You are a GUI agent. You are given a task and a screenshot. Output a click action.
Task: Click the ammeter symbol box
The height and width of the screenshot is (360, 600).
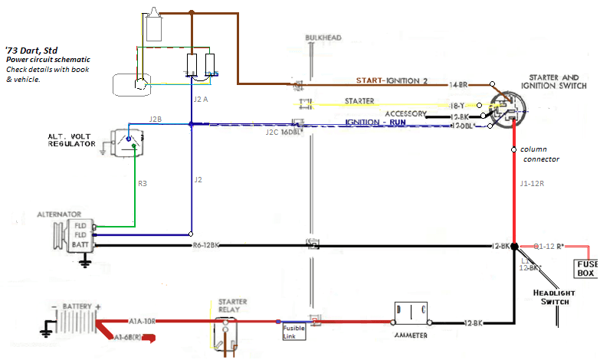pyautogui.click(x=410, y=313)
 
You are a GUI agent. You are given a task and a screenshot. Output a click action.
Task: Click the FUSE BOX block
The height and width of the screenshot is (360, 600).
pyautogui.click(x=585, y=268)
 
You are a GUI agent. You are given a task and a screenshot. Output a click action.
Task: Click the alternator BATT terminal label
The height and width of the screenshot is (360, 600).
pyautogui.click(x=81, y=245)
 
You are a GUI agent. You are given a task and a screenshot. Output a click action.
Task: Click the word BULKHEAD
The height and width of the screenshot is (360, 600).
pyautogui.click(x=323, y=37)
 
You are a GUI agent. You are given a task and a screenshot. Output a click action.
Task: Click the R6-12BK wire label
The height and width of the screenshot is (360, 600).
pyautogui.click(x=208, y=246)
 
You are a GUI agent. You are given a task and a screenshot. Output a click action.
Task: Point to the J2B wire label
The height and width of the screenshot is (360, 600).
pyautogui.click(x=156, y=119)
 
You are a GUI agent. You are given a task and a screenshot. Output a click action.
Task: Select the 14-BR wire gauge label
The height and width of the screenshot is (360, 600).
pyautogui.click(x=460, y=83)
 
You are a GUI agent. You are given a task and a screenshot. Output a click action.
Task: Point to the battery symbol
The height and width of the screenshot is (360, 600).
pyautogui.click(x=73, y=319)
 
